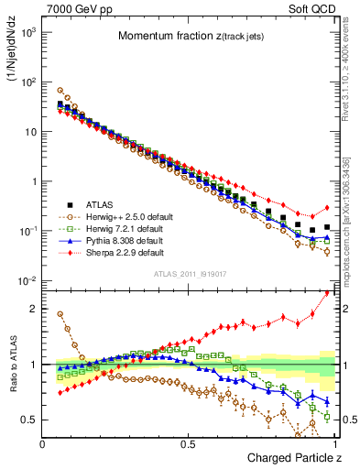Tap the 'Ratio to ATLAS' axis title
point(14,367)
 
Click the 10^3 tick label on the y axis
point(29,32)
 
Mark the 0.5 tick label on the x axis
point(188,444)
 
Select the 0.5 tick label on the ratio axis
point(31,420)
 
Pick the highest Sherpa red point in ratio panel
point(327,292)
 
